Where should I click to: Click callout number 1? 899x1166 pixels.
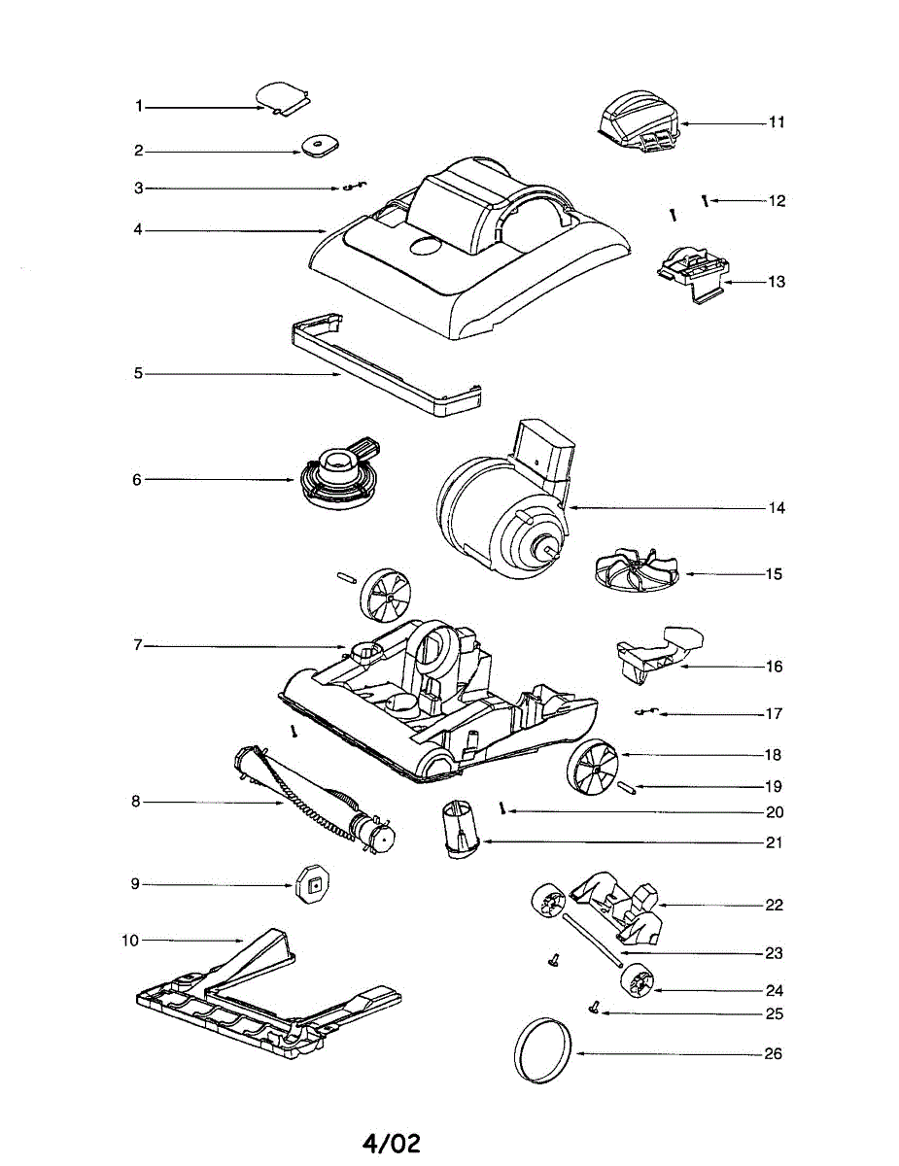[x=139, y=106]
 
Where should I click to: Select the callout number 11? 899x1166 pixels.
[x=776, y=122]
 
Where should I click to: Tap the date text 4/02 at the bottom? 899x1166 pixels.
[x=392, y=1144]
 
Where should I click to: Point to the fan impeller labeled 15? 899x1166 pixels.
[x=633, y=570]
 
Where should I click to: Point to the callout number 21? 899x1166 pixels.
[x=774, y=842]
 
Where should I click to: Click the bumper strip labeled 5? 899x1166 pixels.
[x=384, y=369]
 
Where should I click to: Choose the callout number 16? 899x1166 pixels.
[x=774, y=667]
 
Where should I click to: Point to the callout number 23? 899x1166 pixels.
[x=774, y=953]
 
